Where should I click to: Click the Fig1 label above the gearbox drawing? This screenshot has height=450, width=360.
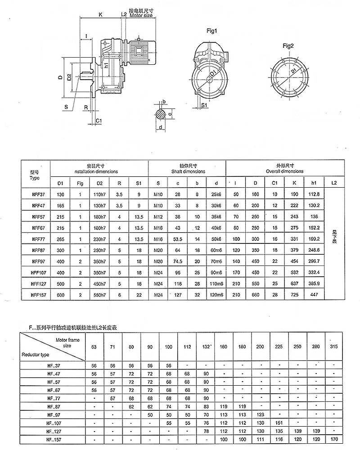coord(212,31)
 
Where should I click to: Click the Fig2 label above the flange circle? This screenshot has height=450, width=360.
coord(288,46)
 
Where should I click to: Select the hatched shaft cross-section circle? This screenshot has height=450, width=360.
coord(161,114)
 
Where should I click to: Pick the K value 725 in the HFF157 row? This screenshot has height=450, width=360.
coord(294,294)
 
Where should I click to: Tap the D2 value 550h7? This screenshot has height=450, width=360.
coord(99,294)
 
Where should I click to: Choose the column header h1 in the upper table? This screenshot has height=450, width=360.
coord(313,182)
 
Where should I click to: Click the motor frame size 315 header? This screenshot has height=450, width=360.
coord(333,347)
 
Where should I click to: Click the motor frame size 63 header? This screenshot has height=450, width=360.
coord(94,347)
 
